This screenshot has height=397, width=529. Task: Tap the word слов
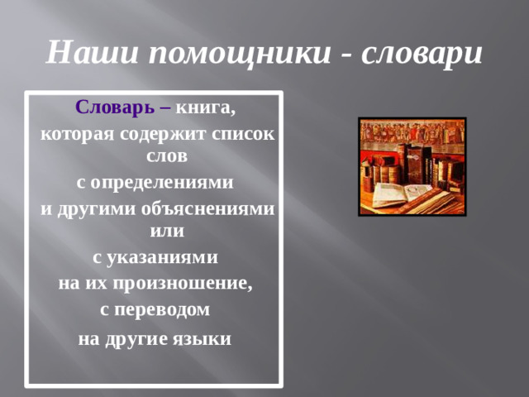pos(165,155)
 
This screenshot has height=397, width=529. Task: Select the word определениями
pos(161,182)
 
